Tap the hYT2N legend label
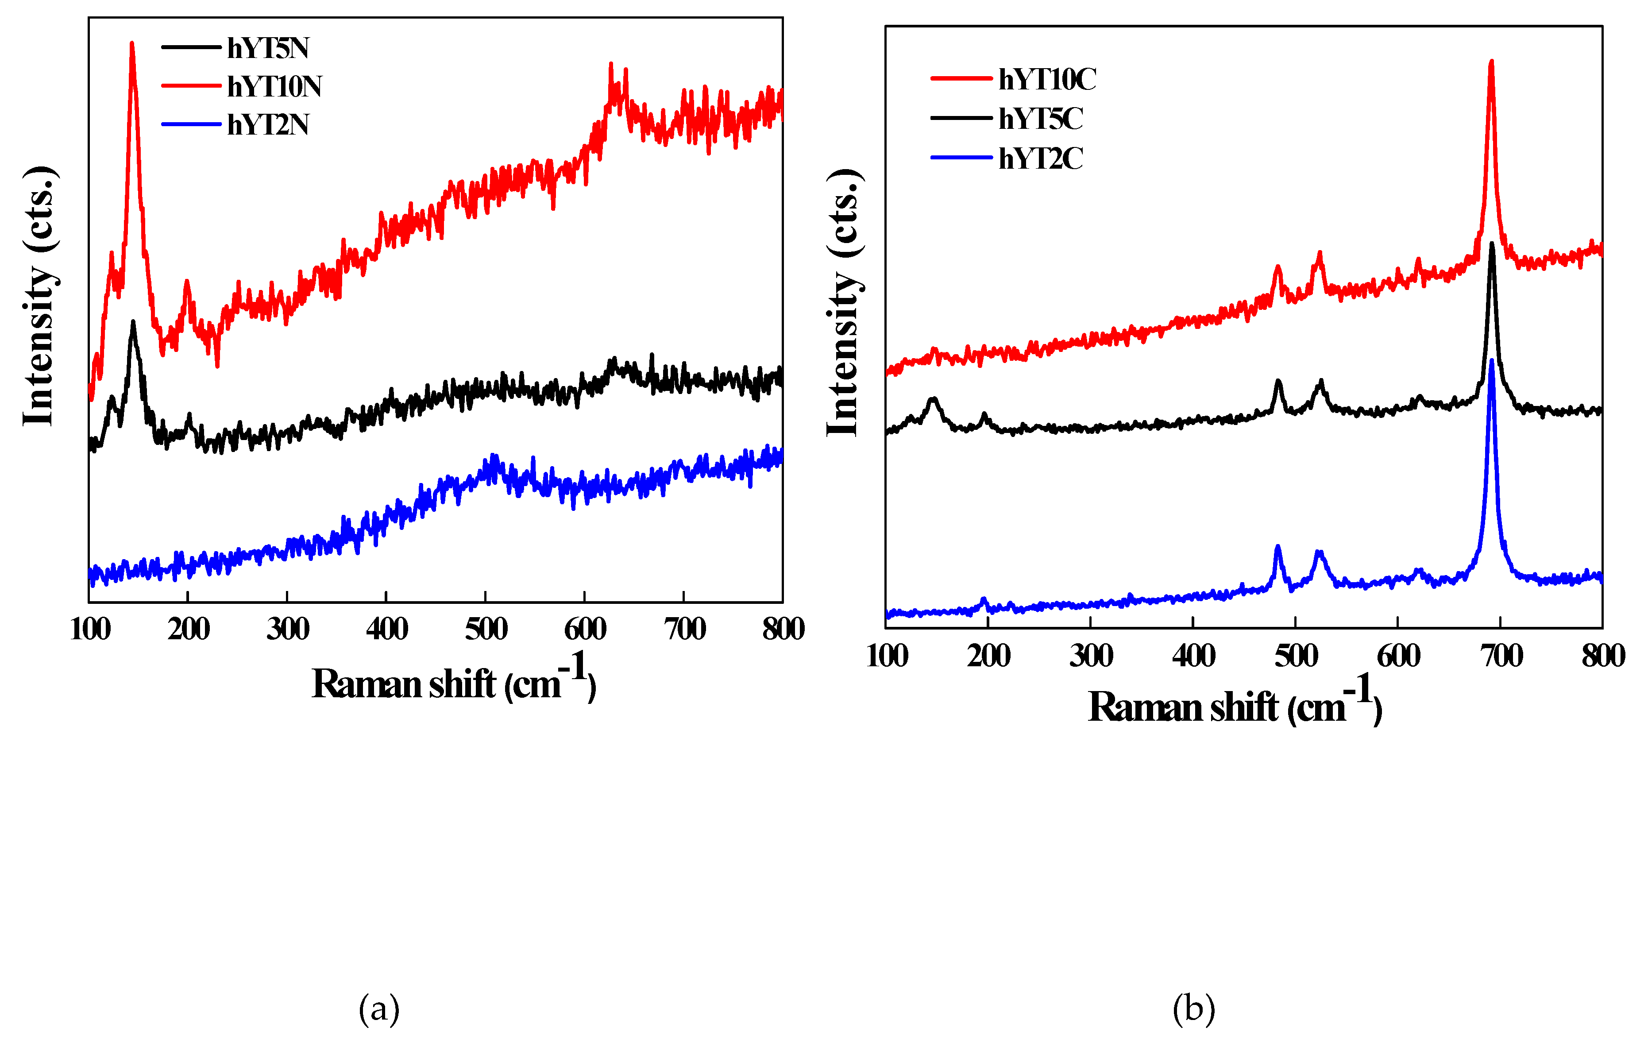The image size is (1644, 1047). (268, 124)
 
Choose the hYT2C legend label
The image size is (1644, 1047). (1041, 158)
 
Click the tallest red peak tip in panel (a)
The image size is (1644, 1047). (132, 43)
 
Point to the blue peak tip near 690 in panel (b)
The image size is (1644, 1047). (1492, 361)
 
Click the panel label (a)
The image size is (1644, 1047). (379, 1009)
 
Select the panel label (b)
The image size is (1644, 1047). (1193, 1009)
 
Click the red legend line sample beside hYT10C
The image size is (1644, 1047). (961, 78)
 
